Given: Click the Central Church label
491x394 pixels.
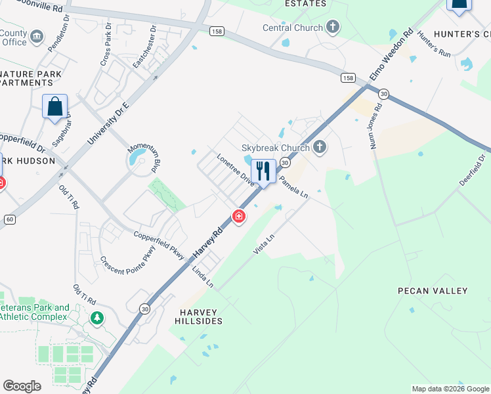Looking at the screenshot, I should [x=293, y=28].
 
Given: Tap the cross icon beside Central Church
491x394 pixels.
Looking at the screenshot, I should [x=333, y=28].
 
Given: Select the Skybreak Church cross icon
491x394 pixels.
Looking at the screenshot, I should [x=319, y=146].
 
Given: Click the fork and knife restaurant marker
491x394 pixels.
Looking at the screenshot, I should [x=263, y=172].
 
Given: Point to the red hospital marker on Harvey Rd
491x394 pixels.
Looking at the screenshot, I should [x=239, y=216].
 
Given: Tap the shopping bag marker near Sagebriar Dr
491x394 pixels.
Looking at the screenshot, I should [x=55, y=106].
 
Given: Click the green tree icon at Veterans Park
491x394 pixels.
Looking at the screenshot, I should [x=97, y=318].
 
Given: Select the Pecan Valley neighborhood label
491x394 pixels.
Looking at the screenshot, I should [x=433, y=290].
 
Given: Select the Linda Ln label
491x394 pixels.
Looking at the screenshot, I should [x=203, y=276].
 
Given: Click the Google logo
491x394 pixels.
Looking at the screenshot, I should [x=22, y=386].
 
